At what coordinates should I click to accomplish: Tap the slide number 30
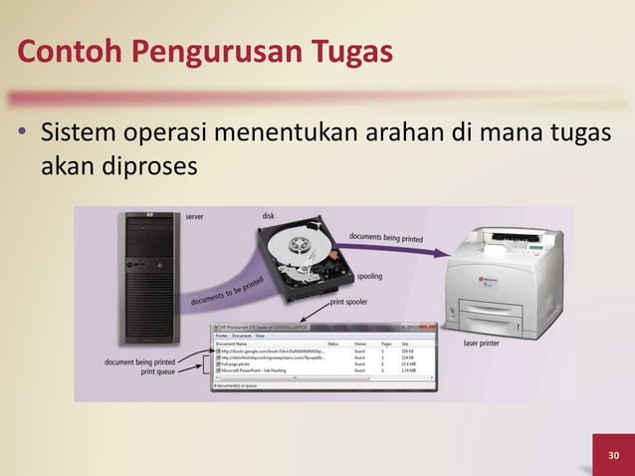tap(614, 456)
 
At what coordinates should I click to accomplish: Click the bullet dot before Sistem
tap(21, 134)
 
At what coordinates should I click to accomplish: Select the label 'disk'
tap(269, 216)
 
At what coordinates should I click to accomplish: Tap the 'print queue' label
tap(158, 371)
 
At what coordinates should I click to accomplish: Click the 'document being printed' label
tap(140, 361)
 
